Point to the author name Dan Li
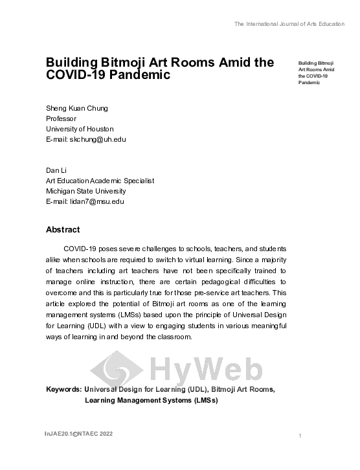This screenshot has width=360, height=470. [x=55, y=170]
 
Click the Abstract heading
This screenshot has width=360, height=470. [x=63, y=230]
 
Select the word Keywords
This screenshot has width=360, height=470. [x=63, y=389]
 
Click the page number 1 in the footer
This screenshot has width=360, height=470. [x=300, y=436]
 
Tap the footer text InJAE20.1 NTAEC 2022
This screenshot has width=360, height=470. [x=78, y=433]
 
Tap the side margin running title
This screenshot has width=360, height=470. [x=316, y=73]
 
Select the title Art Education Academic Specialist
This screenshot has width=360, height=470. [x=100, y=181]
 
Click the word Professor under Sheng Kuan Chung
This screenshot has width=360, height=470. [x=61, y=118]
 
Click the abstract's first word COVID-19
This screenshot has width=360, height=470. [x=80, y=249]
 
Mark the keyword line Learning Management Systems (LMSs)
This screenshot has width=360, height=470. [x=152, y=400]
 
